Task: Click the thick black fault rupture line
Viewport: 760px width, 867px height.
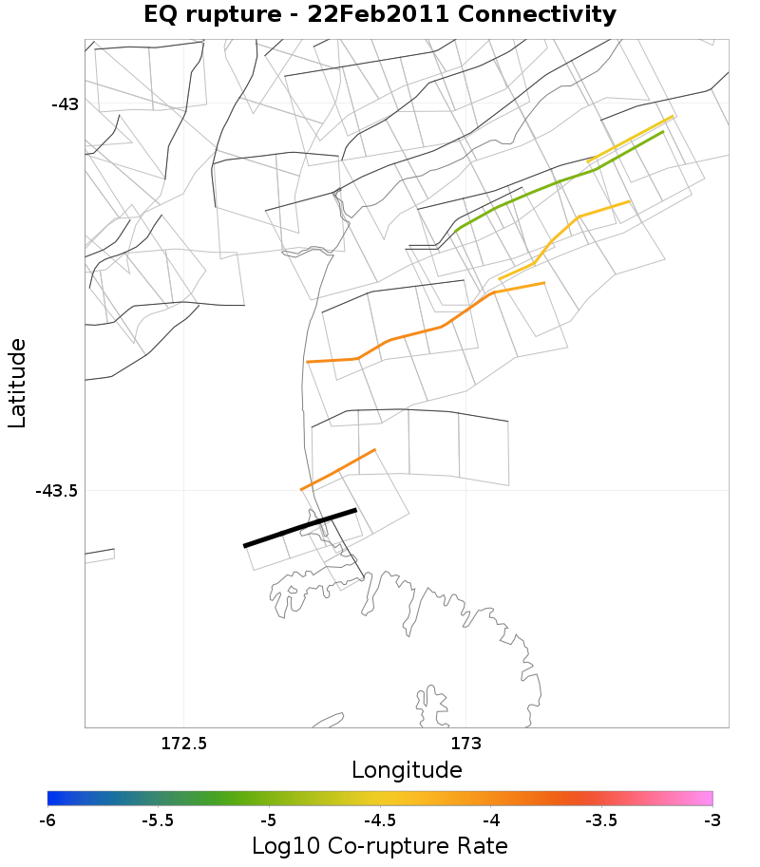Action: (x=300, y=528)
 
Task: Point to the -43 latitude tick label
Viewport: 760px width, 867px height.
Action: (x=65, y=104)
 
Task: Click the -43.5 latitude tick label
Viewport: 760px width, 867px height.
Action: (x=57, y=491)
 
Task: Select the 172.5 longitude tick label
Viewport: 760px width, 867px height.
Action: (x=183, y=743)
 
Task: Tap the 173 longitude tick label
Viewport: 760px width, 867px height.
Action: (x=465, y=743)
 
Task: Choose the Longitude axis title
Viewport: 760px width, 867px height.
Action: (x=407, y=770)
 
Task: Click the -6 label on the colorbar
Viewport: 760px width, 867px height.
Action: (x=47, y=820)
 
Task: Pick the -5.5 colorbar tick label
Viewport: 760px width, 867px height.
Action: (x=158, y=820)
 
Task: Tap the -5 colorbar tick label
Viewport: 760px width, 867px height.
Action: (x=269, y=820)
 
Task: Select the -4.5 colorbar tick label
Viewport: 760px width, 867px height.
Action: (x=380, y=820)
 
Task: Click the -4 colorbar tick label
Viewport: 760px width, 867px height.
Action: (x=490, y=820)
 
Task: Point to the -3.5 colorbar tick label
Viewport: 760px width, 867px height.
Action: (x=601, y=820)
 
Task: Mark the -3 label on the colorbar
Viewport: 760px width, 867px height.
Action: (x=712, y=820)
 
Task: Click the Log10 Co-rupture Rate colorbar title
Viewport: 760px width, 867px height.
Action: (x=380, y=845)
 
